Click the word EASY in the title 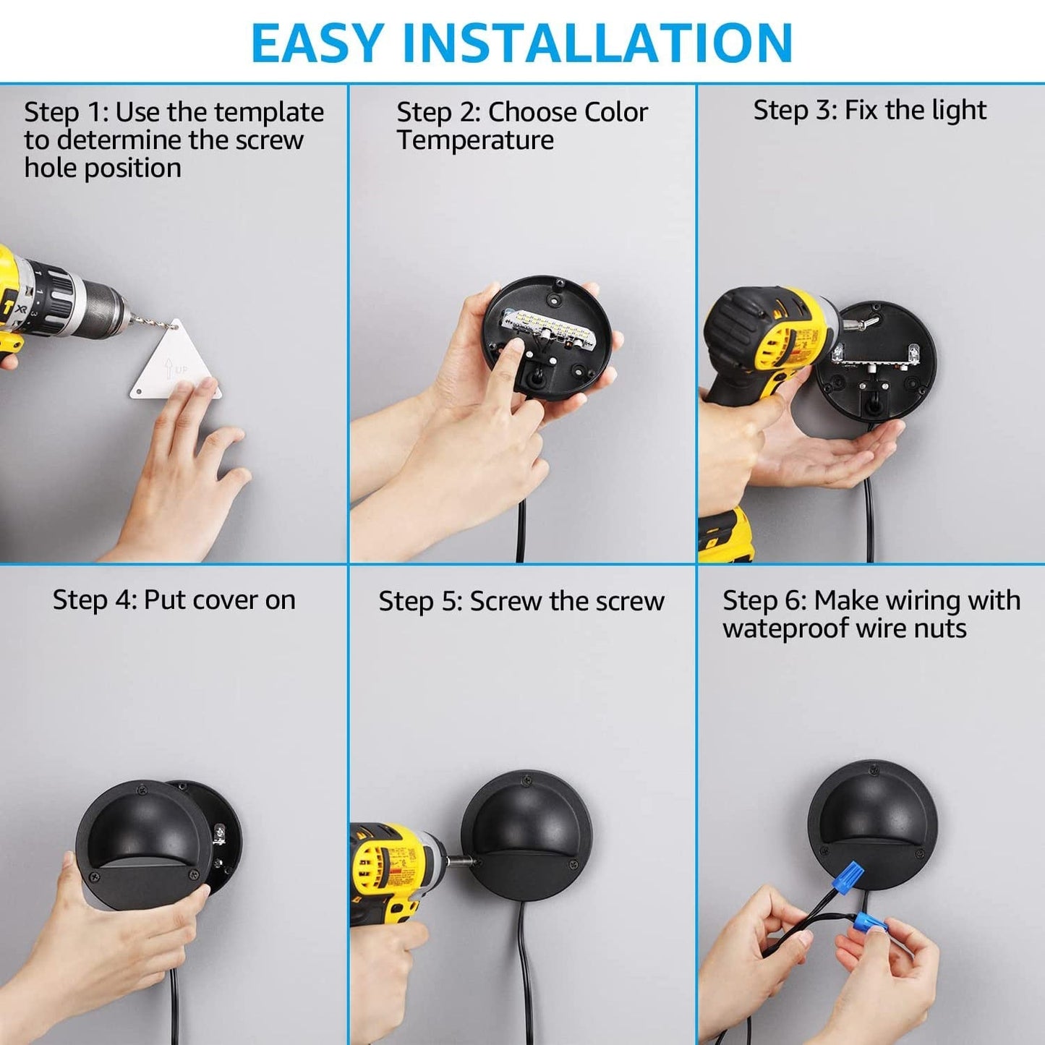tap(317, 43)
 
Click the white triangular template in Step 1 tap(176, 365)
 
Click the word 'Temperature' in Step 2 tap(475, 140)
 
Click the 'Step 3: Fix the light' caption tap(869, 111)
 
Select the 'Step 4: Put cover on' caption tap(174, 600)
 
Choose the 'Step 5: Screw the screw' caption tap(521, 602)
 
